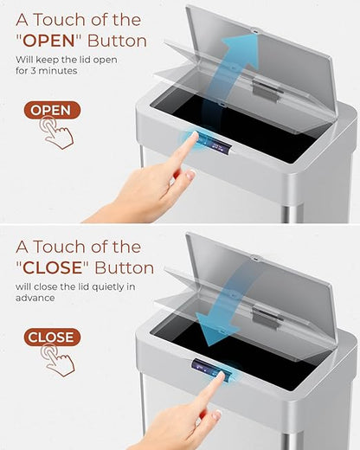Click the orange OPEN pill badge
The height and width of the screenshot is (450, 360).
pos(52,110)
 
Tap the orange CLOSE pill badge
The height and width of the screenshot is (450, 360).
pos(52,337)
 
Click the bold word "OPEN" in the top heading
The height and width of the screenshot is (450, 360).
pos(48,41)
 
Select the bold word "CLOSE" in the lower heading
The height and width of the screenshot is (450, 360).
pos(53,267)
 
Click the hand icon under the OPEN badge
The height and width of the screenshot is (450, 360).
pos(56,132)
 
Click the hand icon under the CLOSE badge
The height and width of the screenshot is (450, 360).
pos(57,360)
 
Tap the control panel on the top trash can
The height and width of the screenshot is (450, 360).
pos(214,143)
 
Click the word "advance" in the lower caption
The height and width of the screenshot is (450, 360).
pos(35,298)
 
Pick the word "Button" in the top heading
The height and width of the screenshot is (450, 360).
pos(117,41)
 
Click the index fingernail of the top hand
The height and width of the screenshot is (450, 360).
pos(195,135)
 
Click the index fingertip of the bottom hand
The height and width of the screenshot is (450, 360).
pos(221,375)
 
